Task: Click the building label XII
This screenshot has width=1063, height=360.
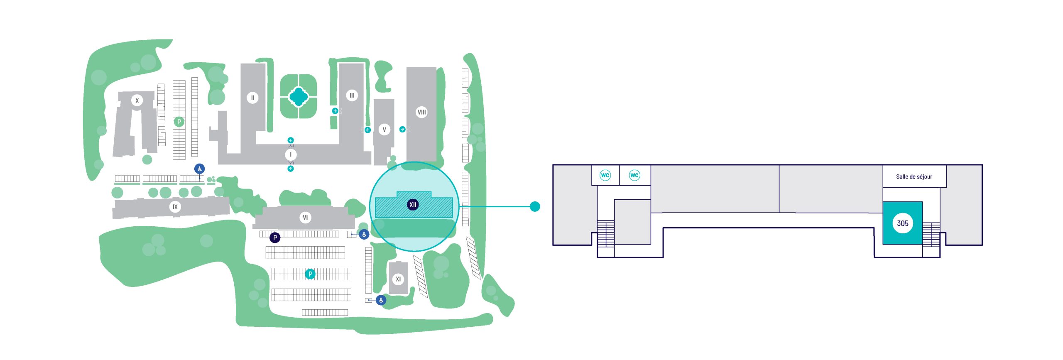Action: click(413, 205)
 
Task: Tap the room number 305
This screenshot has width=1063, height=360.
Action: click(902, 223)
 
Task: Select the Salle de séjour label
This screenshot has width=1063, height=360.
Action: click(914, 177)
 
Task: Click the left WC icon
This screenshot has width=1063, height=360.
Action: click(605, 175)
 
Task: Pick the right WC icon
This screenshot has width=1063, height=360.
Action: click(634, 175)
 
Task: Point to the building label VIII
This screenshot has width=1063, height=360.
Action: click(421, 112)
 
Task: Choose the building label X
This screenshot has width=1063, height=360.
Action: click(137, 100)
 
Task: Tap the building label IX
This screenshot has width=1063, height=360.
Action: click(175, 207)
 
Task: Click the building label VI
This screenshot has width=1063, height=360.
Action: click(305, 218)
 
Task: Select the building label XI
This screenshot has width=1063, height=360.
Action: click(398, 279)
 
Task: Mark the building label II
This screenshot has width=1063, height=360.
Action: click(252, 98)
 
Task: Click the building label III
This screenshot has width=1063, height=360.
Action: click(352, 96)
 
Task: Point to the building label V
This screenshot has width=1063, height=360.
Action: click(384, 130)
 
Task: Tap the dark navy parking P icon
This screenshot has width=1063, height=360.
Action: click(275, 238)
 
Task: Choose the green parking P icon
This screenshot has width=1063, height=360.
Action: click(179, 122)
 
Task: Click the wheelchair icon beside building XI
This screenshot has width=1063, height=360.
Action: click(381, 300)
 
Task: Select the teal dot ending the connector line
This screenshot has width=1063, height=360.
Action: click(535, 206)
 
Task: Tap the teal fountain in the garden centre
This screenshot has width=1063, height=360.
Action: click(298, 97)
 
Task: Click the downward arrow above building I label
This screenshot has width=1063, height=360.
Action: click(291, 140)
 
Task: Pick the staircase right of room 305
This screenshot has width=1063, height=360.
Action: click(931, 235)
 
